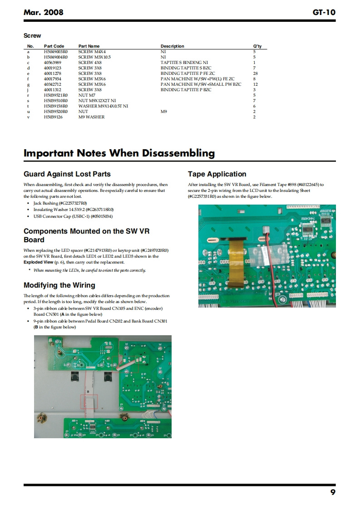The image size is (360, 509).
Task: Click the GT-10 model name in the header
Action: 324,12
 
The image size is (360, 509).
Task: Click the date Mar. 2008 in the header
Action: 43,12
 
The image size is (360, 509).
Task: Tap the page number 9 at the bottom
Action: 333,492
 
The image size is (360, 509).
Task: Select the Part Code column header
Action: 54,46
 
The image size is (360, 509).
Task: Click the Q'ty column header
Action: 256,46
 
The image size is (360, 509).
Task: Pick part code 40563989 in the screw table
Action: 53,63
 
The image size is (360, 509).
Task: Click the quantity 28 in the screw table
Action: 255,73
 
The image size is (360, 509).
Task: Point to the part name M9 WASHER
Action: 91,117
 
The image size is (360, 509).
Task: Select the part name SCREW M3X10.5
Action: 94,57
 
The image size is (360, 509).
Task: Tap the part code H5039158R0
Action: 56,106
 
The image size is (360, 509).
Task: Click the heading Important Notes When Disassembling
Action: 119,153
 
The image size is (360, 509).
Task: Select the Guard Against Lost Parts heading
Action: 67,174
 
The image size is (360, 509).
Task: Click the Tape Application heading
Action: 217,174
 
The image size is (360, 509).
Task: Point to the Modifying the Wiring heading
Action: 59,285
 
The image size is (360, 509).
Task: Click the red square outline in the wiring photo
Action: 89,402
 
